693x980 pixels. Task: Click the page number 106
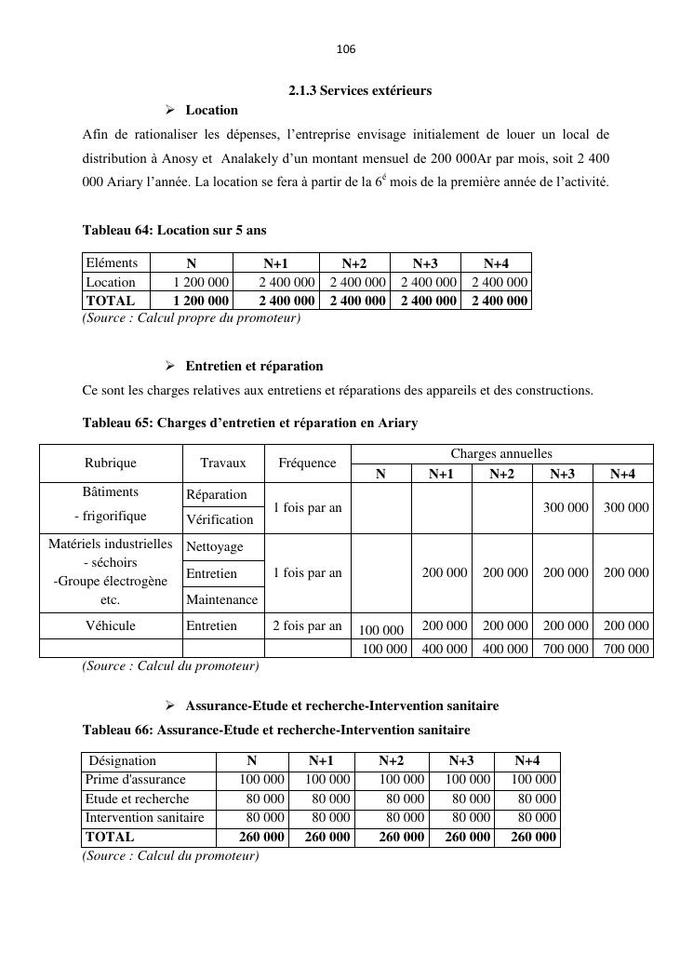[x=346, y=48]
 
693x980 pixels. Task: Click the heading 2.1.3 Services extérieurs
[x=359, y=90]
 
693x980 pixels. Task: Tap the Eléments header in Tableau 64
[x=112, y=263]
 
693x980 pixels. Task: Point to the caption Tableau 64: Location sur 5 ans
[x=174, y=230]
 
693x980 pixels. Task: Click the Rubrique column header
[x=111, y=463]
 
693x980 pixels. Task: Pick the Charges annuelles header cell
[x=501, y=454]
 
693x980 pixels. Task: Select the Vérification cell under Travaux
[x=220, y=519]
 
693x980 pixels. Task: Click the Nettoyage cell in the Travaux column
[x=215, y=547]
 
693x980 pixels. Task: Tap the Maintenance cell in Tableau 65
[x=222, y=600]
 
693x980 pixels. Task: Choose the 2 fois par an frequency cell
[x=307, y=625]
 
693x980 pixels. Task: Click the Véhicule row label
[x=111, y=625]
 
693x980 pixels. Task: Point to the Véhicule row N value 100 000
[x=381, y=630]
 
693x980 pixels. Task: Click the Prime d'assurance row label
[x=136, y=780]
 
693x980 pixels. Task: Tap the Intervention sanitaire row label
[x=144, y=817]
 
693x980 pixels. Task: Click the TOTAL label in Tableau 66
[x=110, y=837]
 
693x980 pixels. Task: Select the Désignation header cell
[x=123, y=761]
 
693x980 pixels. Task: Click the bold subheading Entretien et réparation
[x=254, y=366]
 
